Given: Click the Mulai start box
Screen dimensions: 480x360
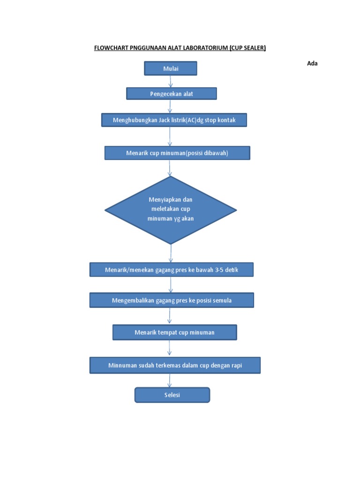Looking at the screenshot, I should tap(171, 68).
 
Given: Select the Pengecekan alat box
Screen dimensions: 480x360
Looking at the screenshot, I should tap(172, 94).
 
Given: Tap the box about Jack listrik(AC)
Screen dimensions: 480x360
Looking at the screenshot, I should tap(174, 120).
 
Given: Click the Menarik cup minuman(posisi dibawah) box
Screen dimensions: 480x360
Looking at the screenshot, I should tap(177, 153).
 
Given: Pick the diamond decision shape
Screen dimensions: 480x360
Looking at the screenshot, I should tap(171, 210).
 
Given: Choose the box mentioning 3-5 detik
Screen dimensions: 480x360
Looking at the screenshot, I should tap(172, 270).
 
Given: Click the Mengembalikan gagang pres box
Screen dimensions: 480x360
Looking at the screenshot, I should tap(172, 300).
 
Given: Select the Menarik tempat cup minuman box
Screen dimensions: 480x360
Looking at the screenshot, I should tap(174, 332).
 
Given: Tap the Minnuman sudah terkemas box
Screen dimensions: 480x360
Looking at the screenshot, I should tap(175, 366).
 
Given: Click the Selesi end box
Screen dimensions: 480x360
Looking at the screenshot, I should tap(172, 395).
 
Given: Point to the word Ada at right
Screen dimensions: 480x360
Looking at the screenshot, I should tap(312, 63).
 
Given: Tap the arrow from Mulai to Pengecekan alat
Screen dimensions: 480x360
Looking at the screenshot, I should tap(171, 81).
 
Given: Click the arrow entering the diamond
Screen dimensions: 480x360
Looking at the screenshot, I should tap(171, 168).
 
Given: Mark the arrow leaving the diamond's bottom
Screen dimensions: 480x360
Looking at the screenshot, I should tap(171, 253).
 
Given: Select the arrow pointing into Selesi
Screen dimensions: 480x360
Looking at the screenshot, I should tap(170, 380).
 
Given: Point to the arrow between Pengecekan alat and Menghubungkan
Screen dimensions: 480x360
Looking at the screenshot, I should tap(171, 106).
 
